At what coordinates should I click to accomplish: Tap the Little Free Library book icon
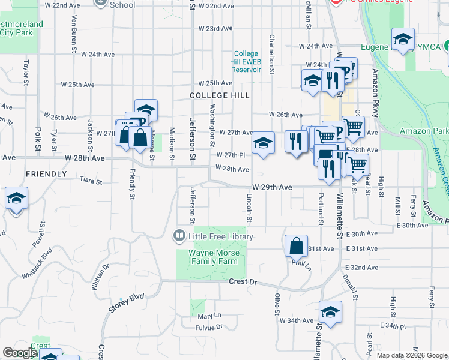[179, 236]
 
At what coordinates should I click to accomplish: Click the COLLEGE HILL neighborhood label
[219, 95]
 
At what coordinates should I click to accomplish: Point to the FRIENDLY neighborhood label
[46, 174]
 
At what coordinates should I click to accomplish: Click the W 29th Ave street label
[272, 187]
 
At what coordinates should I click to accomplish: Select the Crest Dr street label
[243, 281]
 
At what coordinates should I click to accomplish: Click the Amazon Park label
[424, 131]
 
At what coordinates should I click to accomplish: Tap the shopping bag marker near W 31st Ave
[297, 246]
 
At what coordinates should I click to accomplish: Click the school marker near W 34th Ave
[330, 312]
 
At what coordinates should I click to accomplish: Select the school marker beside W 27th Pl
[262, 143]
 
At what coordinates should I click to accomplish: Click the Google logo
[20, 353]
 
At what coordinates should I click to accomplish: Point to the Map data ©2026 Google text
[411, 355]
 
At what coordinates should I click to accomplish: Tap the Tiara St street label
[91, 180]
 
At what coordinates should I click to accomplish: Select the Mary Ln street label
[209, 316]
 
